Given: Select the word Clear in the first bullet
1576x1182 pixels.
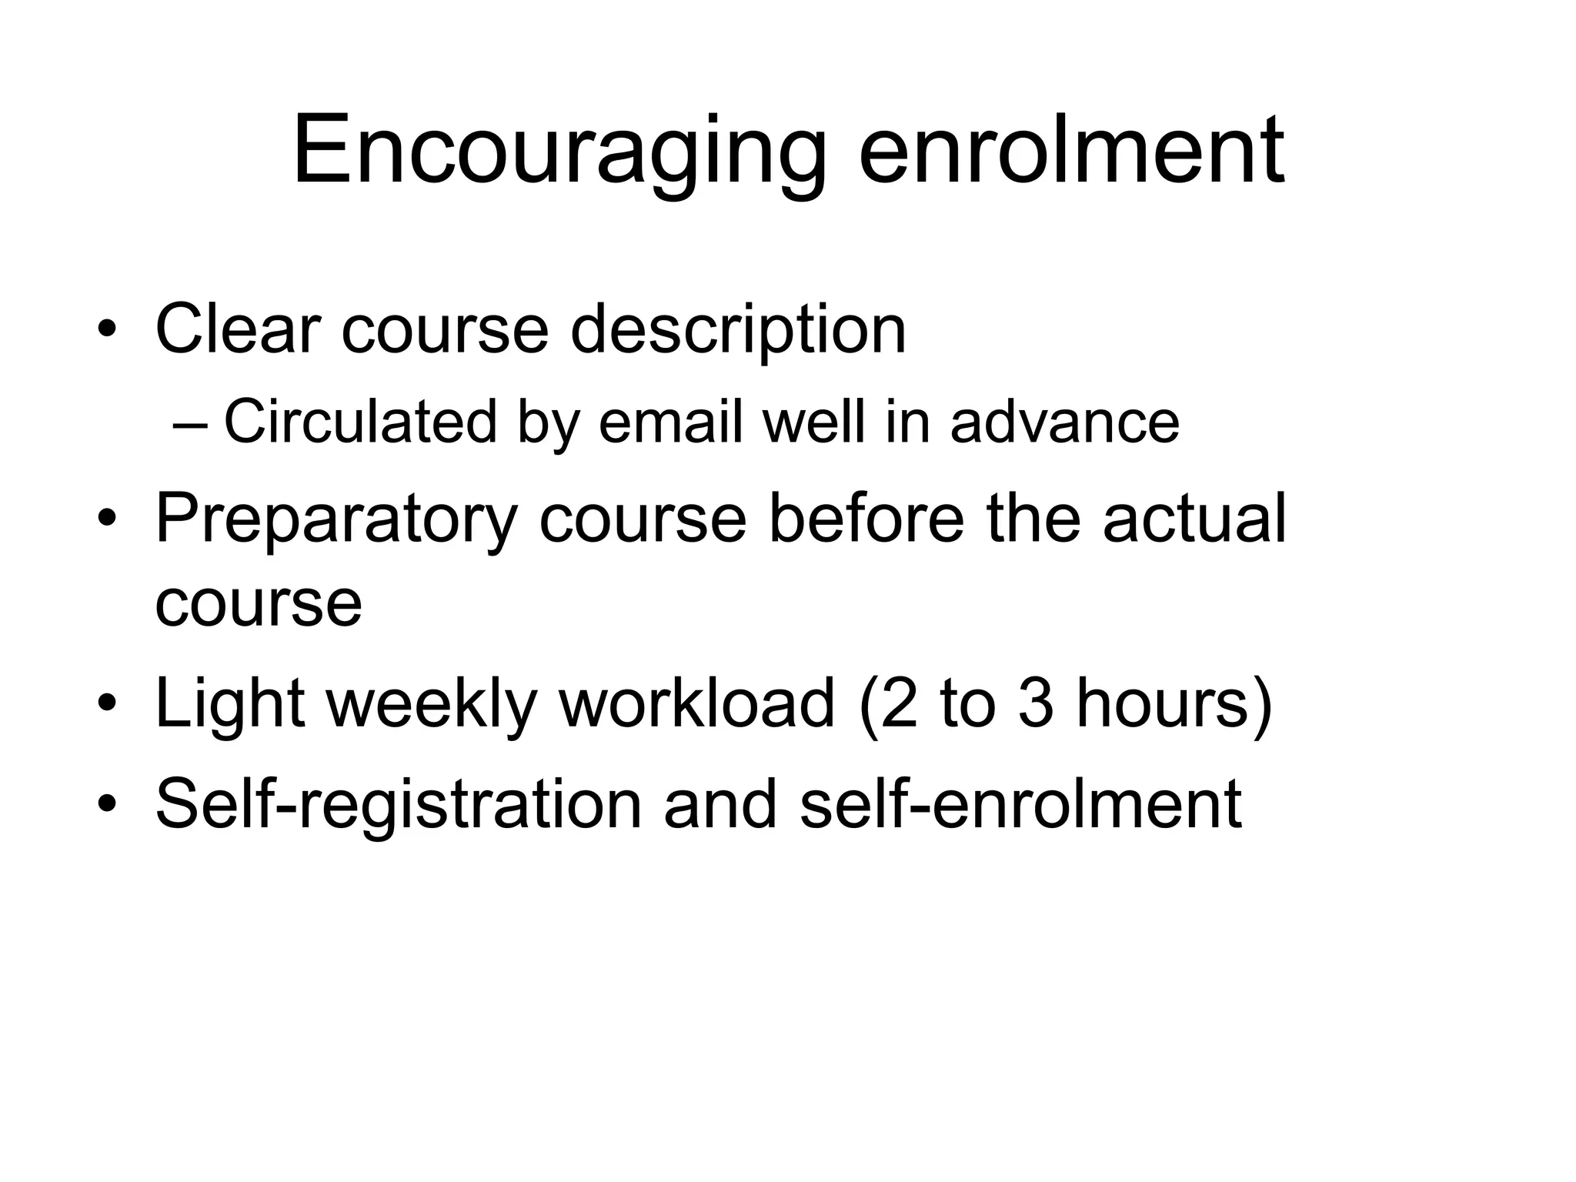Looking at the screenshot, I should point(237,329).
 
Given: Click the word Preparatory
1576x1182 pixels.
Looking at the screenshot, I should point(336,519).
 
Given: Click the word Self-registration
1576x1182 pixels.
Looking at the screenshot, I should point(399,805).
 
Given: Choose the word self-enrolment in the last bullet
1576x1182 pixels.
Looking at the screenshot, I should point(1020,803).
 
